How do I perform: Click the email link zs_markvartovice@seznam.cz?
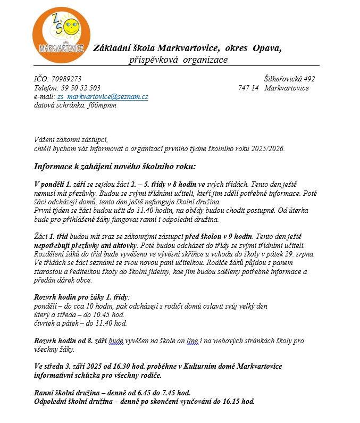102,96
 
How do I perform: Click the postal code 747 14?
248,88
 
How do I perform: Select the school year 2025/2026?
267,148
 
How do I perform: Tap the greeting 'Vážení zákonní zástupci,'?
70,140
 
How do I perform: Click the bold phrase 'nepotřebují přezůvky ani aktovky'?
84,245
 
